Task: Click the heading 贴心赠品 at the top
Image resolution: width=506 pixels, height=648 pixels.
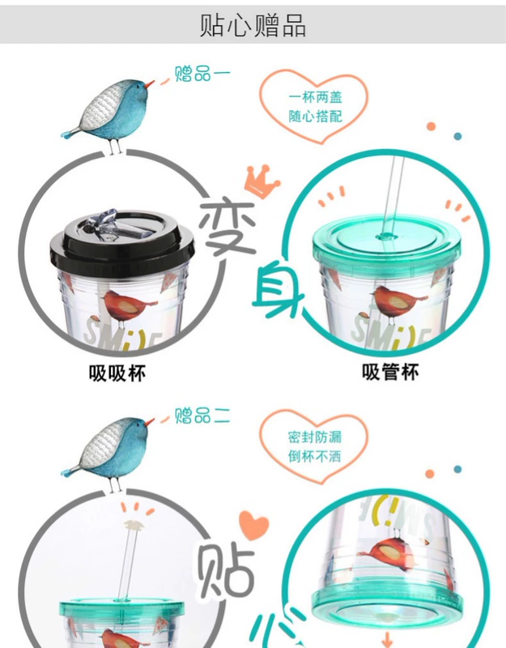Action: click(253, 25)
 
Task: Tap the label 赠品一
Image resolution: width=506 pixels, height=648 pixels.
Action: click(202, 74)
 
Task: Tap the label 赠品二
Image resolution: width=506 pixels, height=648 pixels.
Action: click(202, 416)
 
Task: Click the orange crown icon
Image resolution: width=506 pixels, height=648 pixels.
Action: click(262, 181)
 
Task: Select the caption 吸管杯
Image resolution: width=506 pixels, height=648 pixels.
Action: click(390, 372)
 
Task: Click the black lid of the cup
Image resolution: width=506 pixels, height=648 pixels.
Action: click(122, 240)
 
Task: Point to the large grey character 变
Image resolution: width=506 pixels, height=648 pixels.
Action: click(228, 228)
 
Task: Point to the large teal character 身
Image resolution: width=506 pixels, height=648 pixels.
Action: click(278, 291)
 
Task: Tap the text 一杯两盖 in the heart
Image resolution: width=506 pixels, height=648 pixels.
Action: click(316, 97)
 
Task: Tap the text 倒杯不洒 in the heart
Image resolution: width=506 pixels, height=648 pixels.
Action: click(315, 456)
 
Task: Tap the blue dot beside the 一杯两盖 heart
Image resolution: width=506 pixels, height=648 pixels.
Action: click(457, 136)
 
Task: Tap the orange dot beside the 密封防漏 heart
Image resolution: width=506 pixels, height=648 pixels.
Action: click(430, 474)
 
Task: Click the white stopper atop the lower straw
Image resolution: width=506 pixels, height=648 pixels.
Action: click(134, 526)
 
